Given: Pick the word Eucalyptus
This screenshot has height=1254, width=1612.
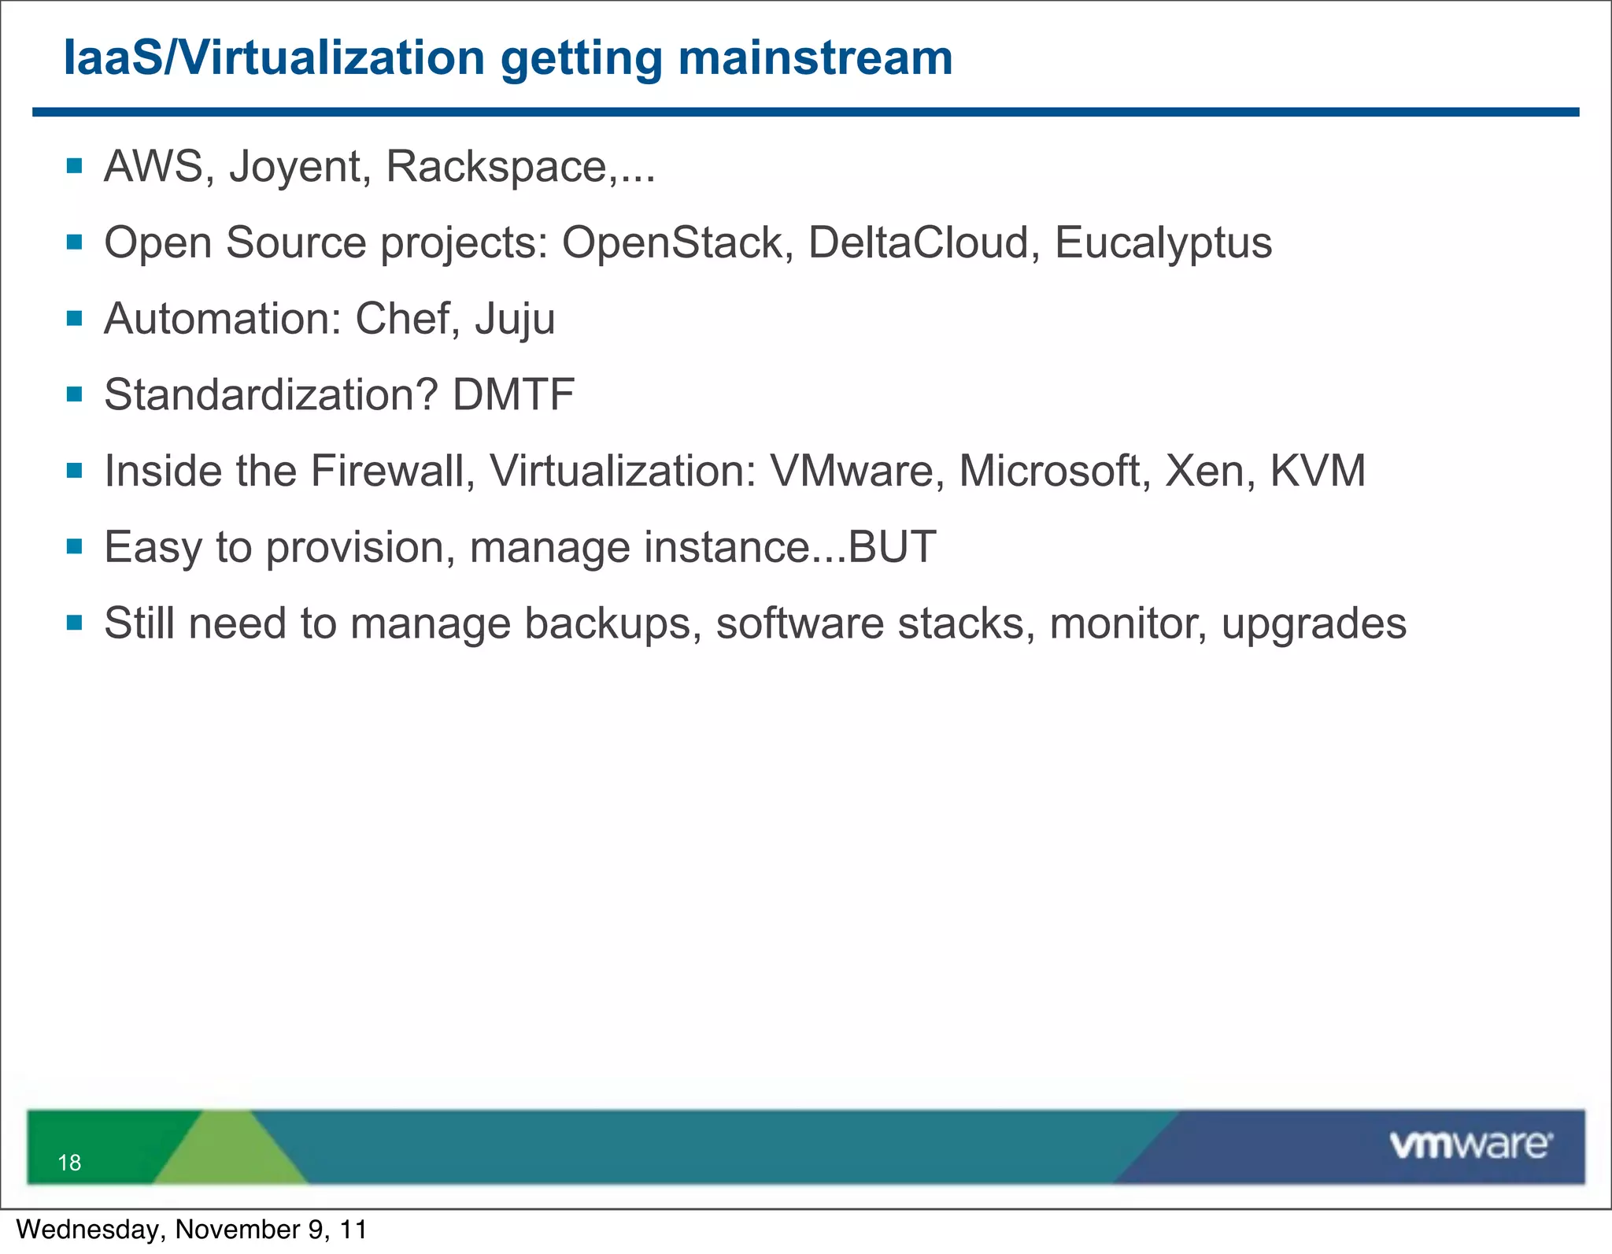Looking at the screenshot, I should (1163, 244).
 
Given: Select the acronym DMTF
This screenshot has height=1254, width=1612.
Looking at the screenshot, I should (513, 394).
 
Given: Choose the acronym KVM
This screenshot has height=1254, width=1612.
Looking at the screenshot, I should (1318, 471).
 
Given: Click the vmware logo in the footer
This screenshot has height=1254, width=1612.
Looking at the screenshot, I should (1470, 1145).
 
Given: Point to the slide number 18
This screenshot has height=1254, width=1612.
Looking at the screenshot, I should (69, 1163).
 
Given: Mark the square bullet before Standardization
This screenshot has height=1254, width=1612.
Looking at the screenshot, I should (75, 394).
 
